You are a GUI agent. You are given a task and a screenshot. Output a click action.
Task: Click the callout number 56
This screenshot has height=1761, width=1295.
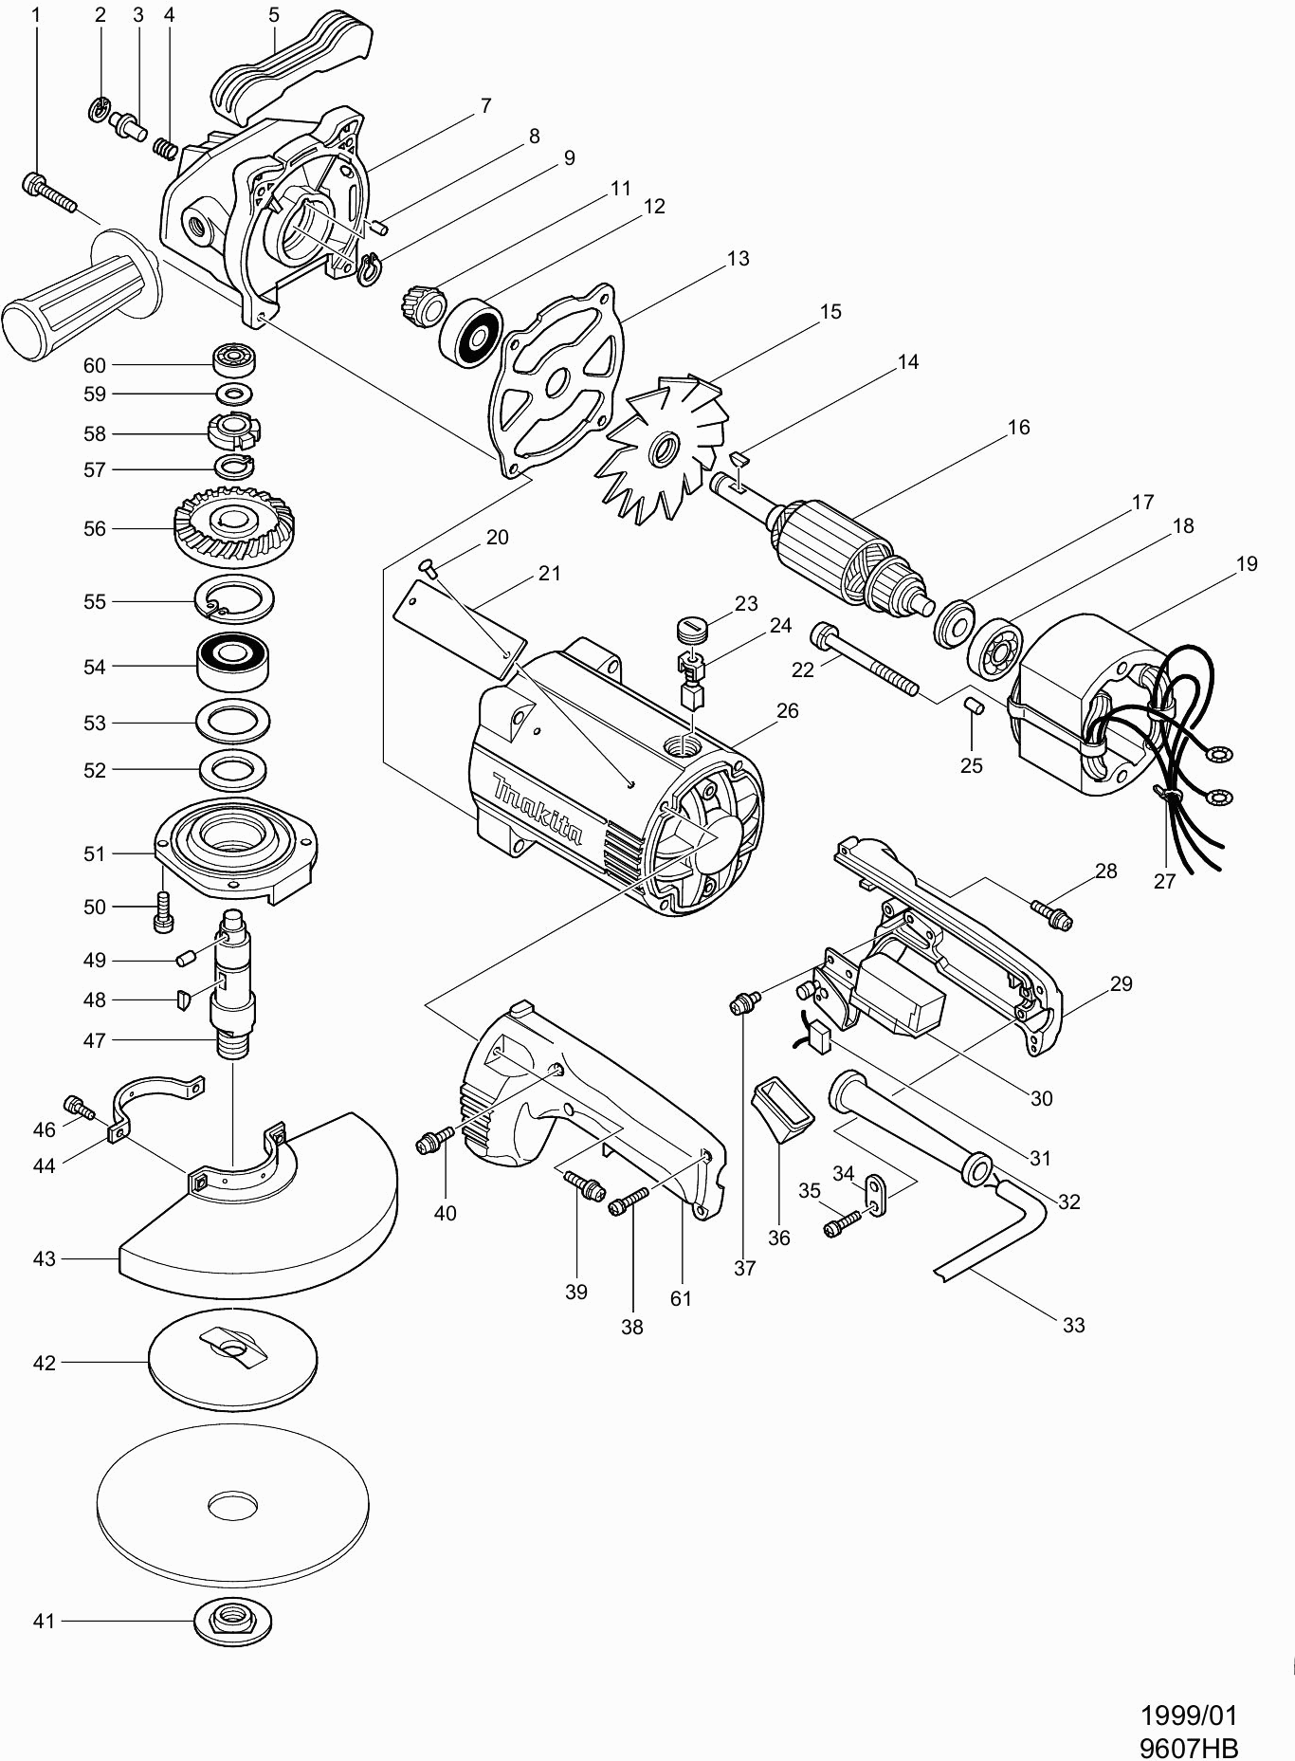coord(95,528)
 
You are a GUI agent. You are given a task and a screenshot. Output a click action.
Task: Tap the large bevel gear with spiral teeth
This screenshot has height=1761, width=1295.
coord(232,527)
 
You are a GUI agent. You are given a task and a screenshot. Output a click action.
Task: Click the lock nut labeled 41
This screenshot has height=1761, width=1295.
coord(232,1621)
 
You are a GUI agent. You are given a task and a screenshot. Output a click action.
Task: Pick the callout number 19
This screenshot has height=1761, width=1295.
coord(1248,563)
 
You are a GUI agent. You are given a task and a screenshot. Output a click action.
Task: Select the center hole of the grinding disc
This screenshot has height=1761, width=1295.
coord(232,1505)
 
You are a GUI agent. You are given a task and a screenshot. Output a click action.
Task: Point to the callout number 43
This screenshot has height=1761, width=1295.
coord(45,1258)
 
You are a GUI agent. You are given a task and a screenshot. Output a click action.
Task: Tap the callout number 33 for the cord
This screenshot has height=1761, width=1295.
coord(1073,1325)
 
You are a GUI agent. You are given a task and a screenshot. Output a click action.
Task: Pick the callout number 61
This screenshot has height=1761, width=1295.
coord(681,1298)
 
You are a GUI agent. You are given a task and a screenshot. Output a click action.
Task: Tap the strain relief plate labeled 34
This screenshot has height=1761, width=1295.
coord(874,1195)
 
